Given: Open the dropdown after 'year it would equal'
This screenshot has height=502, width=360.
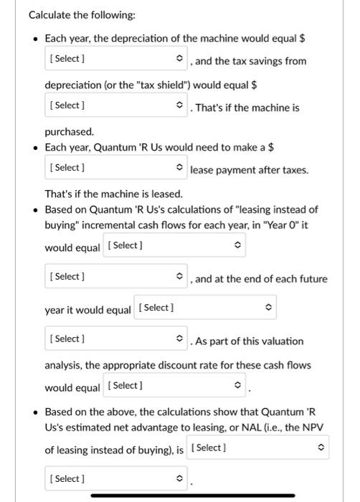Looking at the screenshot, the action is [205, 308].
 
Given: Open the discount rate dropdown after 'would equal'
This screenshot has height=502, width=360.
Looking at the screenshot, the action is [174, 386].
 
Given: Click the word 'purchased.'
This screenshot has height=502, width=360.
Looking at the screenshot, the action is [70, 132].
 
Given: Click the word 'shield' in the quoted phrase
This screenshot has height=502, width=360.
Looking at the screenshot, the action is [169, 85].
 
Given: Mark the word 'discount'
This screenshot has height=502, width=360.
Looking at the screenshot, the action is [188, 365].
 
